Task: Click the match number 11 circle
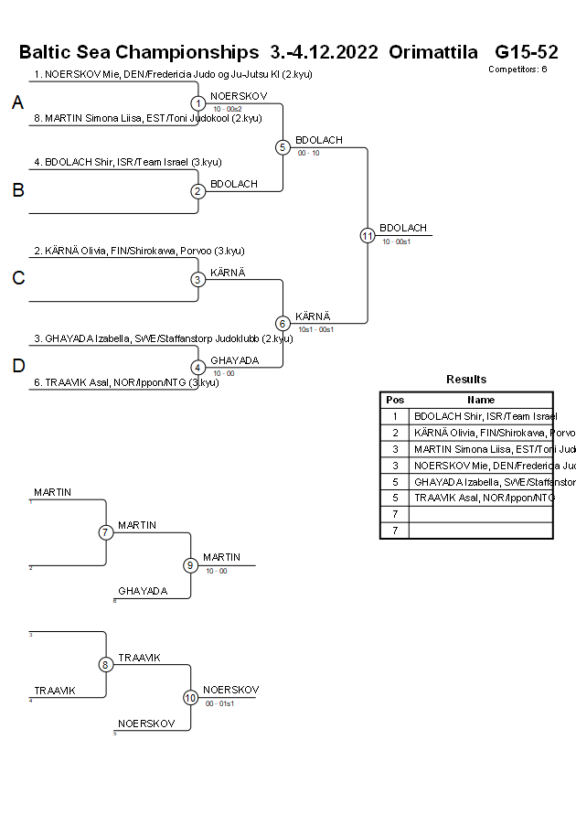click(368, 235)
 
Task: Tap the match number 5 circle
click(283, 147)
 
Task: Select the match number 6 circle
click(283, 323)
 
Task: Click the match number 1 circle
click(198, 103)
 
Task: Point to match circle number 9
click(191, 565)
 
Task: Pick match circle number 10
click(191, 697)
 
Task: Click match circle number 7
click(106, 532)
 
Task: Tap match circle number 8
click(106, 665)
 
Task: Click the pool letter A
click(17, 103)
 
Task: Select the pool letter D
click(17, 366)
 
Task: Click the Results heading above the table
click(466, 380)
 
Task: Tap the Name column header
click(481, 400)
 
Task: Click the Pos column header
click(395, 400)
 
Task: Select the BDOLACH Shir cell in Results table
click(481, 416)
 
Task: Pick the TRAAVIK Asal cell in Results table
click(481, 498)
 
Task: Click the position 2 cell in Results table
click(395, 433)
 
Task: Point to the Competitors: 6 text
click(517, 69)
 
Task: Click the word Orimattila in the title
click(436, 51)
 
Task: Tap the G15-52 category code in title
click(527, 51)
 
